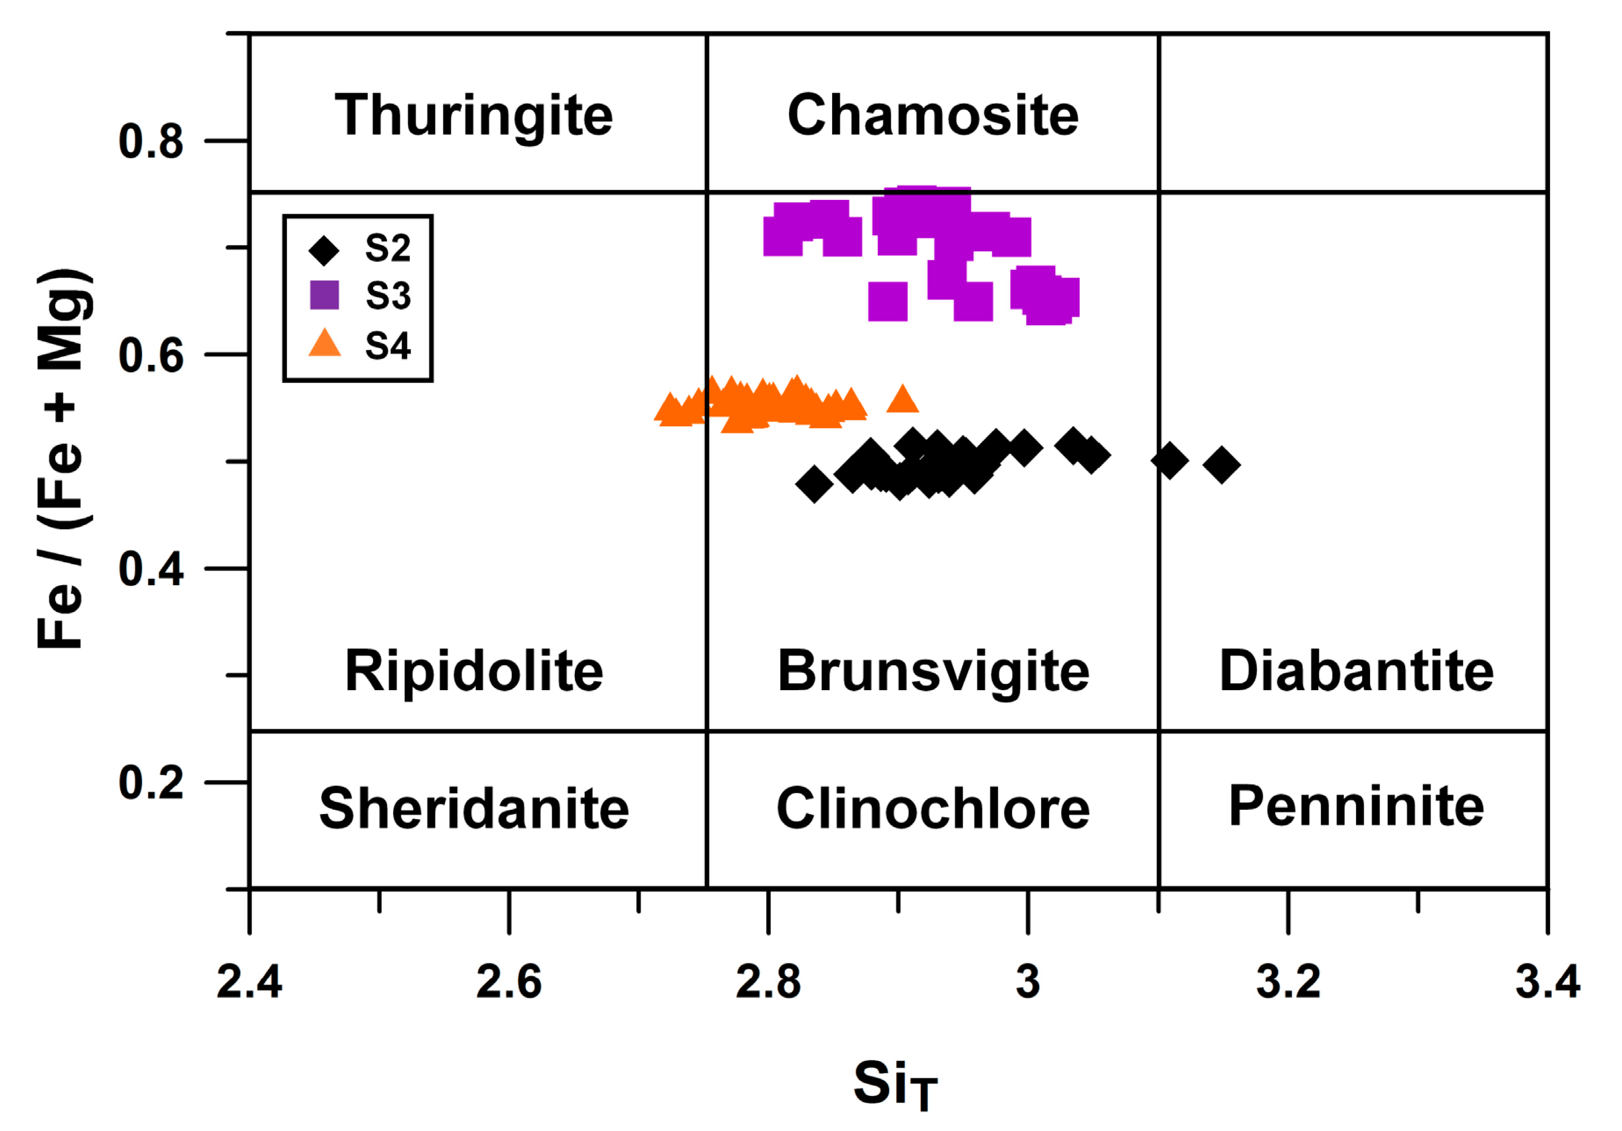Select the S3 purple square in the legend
325,295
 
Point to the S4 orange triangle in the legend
325,344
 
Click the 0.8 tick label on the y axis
150,141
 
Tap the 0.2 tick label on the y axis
150,782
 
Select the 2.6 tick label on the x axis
508,982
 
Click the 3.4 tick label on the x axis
1547,982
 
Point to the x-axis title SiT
894,1085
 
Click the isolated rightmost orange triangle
902,400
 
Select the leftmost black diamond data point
814,485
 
